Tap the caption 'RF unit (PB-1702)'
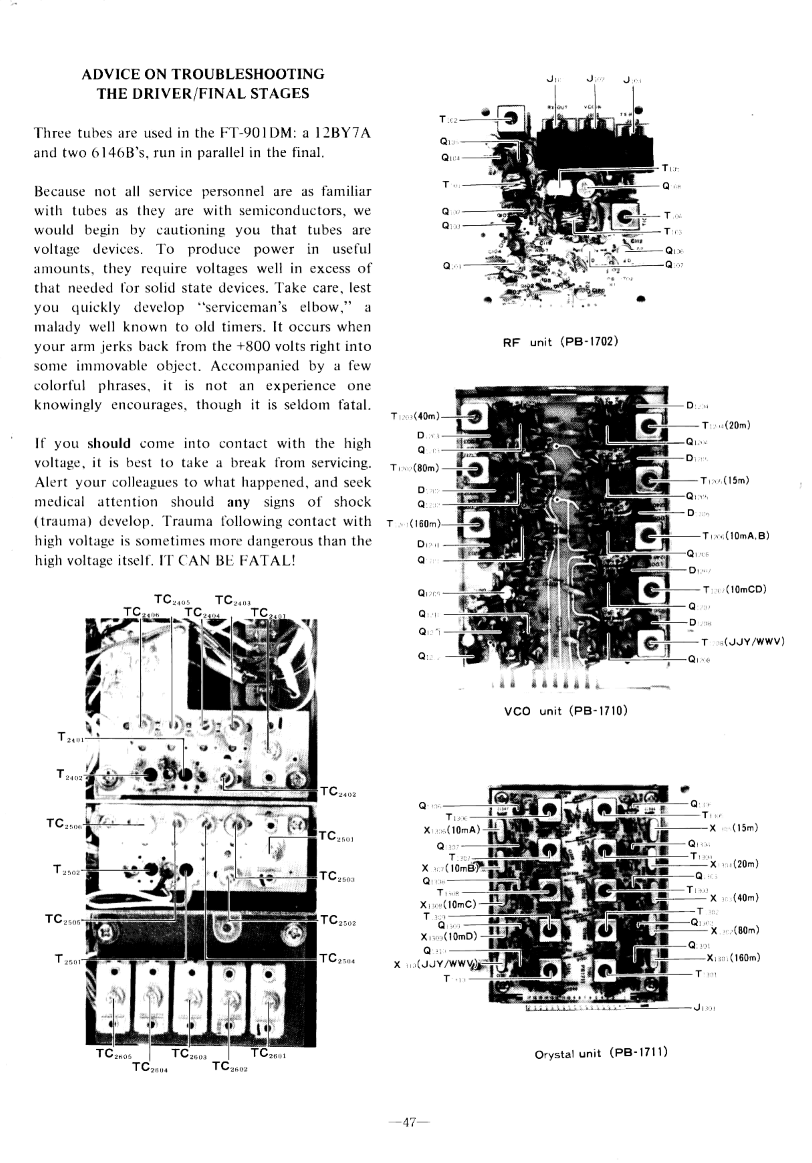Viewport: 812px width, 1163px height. [x=560, y=342]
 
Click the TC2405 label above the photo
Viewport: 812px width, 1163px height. [x=172, y=600]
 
